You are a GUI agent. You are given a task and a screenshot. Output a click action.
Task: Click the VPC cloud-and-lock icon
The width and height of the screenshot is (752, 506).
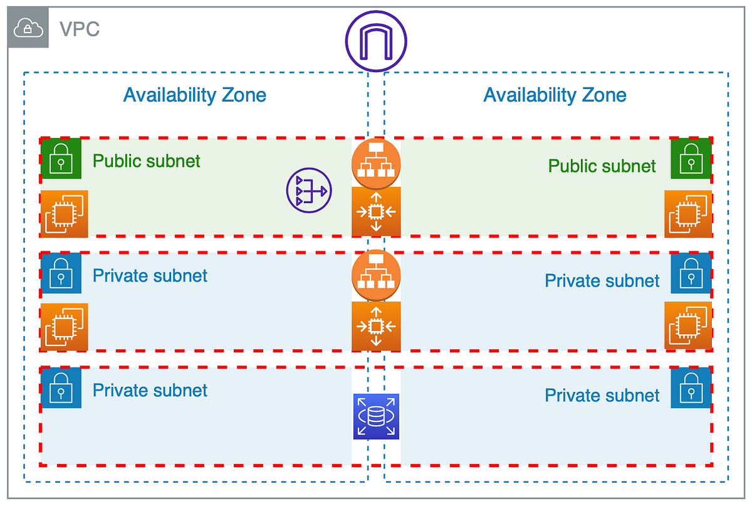28,28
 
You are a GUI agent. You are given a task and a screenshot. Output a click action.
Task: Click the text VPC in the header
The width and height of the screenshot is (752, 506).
79,29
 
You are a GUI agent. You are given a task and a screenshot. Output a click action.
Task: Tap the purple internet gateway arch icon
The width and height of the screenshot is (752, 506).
376,40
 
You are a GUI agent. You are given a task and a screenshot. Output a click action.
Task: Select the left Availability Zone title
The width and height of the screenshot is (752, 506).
194,95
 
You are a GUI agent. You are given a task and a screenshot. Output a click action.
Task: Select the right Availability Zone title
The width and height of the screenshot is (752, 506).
555,95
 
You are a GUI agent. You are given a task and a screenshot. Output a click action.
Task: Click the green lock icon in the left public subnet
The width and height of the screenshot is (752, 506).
61,158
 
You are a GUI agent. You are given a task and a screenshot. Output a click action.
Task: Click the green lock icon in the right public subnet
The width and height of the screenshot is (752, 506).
691,158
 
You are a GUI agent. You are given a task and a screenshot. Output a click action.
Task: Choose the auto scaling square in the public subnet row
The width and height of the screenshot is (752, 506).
376,211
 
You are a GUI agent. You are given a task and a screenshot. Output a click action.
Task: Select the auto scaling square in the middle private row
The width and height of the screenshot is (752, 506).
376,325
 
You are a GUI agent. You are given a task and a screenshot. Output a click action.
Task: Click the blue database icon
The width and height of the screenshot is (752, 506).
376,417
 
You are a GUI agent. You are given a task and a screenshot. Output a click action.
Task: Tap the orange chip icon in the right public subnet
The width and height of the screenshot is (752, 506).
688,214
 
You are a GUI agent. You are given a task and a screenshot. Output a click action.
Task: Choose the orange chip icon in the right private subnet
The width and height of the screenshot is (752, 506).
688,326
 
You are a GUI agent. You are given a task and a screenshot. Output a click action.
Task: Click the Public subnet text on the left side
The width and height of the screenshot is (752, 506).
147,161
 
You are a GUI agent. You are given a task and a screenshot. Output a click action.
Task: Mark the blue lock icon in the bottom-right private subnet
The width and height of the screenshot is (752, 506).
691,388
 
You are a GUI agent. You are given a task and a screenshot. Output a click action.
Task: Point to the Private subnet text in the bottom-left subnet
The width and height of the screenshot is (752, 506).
150,390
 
